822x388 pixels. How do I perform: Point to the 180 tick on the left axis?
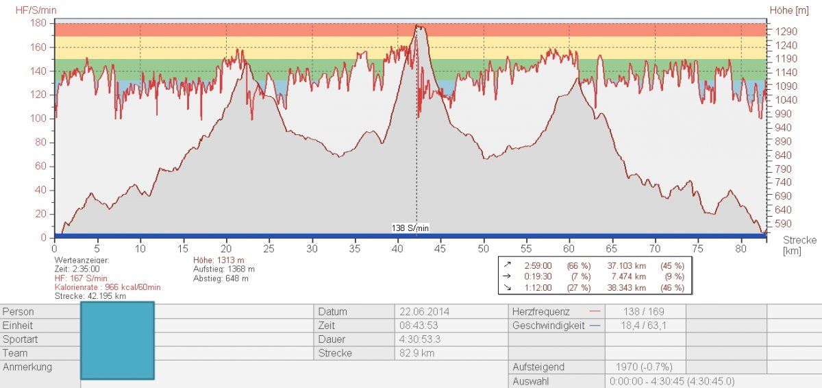point(38,23)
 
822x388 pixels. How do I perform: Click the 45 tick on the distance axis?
point(440,248)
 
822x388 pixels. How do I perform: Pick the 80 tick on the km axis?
point(740,248)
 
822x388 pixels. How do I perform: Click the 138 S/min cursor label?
point(411,228)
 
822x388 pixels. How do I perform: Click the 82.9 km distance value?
point(417,353)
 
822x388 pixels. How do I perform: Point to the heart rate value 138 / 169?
point(634,311)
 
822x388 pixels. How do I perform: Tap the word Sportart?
point(21,339)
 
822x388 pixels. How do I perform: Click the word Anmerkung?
point(27,367)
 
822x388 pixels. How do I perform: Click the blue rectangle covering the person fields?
point(117,340)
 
